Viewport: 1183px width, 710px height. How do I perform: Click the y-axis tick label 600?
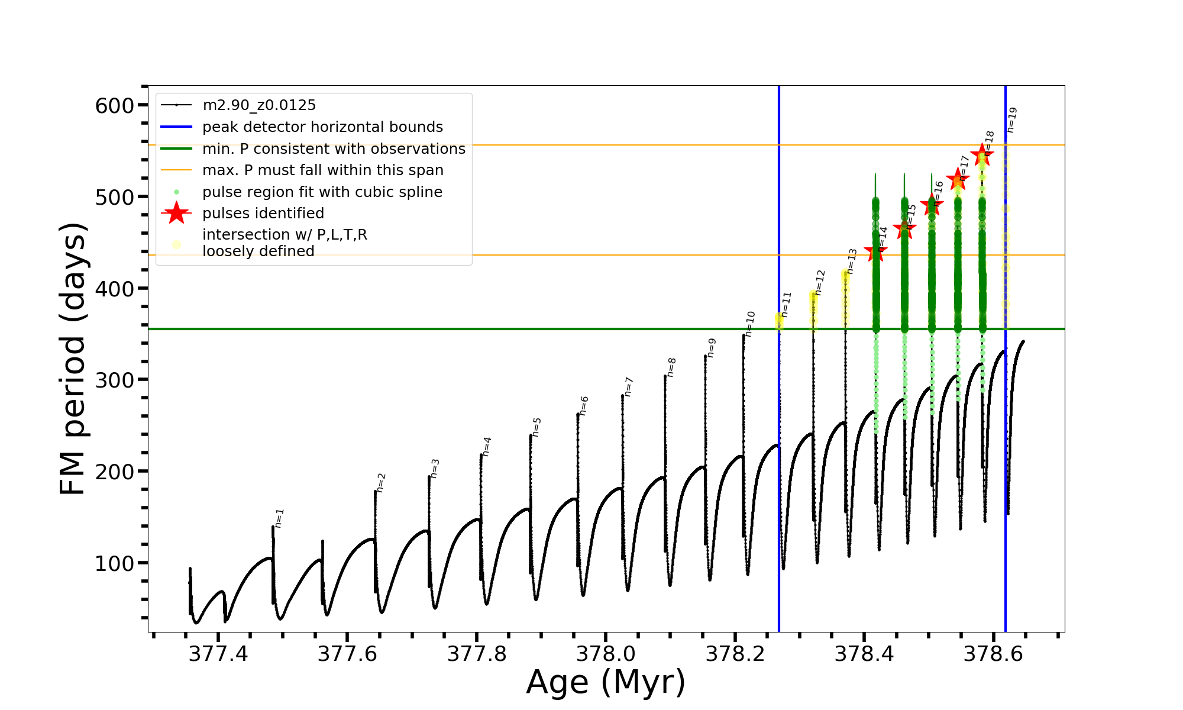[x=115, y=106]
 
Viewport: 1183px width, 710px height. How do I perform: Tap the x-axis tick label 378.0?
[x=606, y=654]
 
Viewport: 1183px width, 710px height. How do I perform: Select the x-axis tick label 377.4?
[x=218, y=654]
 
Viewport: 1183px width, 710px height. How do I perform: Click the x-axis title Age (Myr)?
[x=606, y=682]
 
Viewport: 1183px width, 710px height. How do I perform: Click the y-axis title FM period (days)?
[x=73, y=359]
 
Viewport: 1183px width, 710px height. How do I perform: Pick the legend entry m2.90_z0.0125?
[x=259, y=105]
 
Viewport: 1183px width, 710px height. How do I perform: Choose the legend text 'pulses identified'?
[x=263, y=214]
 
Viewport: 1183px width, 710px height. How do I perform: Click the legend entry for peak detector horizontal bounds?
[x=322, y=127]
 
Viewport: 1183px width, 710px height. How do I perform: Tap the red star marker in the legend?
[x=176, y=213]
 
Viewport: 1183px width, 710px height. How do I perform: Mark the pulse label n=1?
[x=280, y=518]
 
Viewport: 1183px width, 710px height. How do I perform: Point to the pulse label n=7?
[x=629, y=386]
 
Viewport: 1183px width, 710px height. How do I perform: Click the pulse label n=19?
[x=1011, y=120]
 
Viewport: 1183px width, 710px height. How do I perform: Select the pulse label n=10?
[x=750, y=324]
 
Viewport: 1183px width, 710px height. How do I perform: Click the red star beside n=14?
[x=875, y=253]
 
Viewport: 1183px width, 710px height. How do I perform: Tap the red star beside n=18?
[x=982, y=155]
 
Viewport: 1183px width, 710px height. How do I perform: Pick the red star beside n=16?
[x=932, y=205]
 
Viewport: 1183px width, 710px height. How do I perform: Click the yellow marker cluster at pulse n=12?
[x=814, y=299]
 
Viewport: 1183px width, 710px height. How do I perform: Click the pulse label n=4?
[x=487, y=446]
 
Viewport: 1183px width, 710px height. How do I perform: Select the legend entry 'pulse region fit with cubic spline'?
[x=322, y=192]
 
